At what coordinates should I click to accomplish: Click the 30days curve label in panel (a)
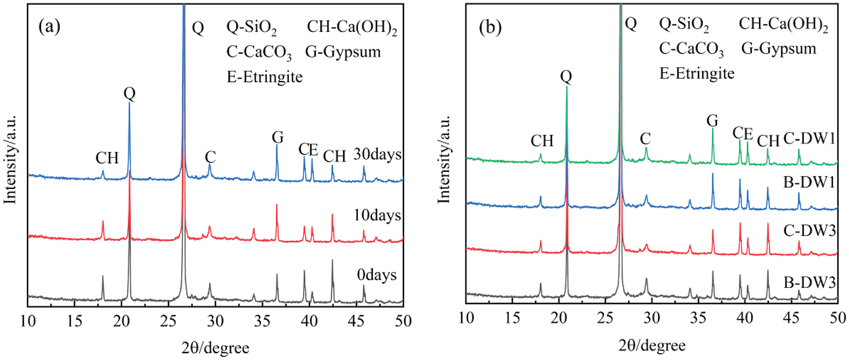377,154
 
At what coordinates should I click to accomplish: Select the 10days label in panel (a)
377,215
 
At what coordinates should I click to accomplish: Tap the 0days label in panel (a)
377,275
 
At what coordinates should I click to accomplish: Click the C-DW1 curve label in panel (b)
809,139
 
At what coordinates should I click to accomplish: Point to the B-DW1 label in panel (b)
809,182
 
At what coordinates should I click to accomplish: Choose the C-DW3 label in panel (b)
809,230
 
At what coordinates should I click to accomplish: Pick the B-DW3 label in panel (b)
809,282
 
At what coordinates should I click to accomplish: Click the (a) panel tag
49,26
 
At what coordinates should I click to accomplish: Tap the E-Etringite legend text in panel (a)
264,77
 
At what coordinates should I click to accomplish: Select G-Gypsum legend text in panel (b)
778,49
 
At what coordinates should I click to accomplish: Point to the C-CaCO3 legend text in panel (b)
691,49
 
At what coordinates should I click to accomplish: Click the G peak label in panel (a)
278,137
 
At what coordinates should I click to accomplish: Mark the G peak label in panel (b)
712,120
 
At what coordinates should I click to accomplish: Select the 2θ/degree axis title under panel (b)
652,345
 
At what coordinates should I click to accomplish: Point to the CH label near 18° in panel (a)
107,158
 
